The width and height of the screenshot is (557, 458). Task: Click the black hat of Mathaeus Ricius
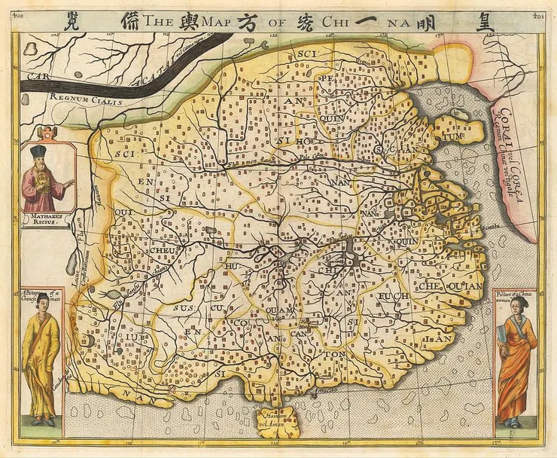coord(39,152)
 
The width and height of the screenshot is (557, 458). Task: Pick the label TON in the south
coord(336,351)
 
